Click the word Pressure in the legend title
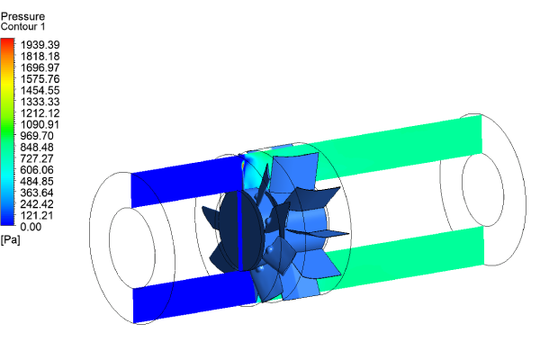tap(22, 17)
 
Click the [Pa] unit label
tap(11, 239)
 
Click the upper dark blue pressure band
tap(184, 184)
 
